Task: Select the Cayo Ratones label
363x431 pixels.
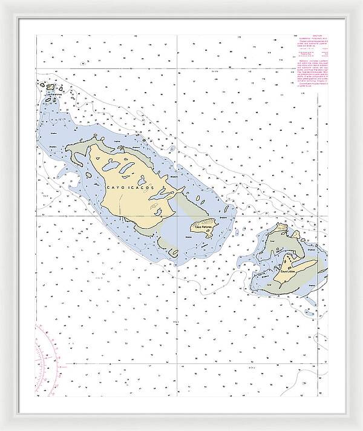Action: (x=203, y=226)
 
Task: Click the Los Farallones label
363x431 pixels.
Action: (x=53, y=95)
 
